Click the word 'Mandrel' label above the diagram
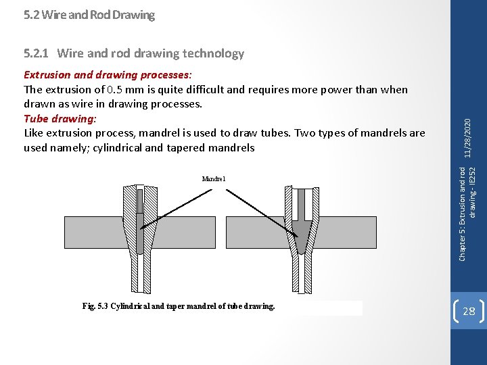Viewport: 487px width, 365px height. pos(213,178)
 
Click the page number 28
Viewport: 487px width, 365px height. pos(468,311)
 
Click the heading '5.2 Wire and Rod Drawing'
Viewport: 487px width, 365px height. pos(89,14)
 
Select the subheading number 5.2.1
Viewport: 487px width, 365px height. pos(37,53)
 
